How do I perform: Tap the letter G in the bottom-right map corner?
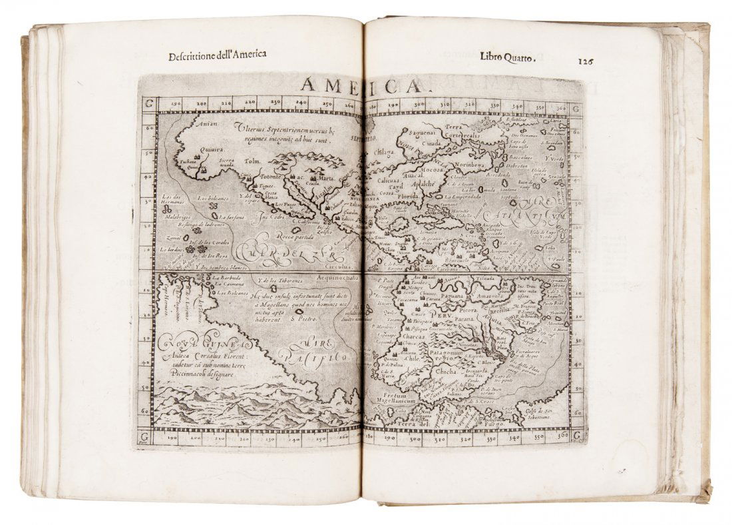575,435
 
